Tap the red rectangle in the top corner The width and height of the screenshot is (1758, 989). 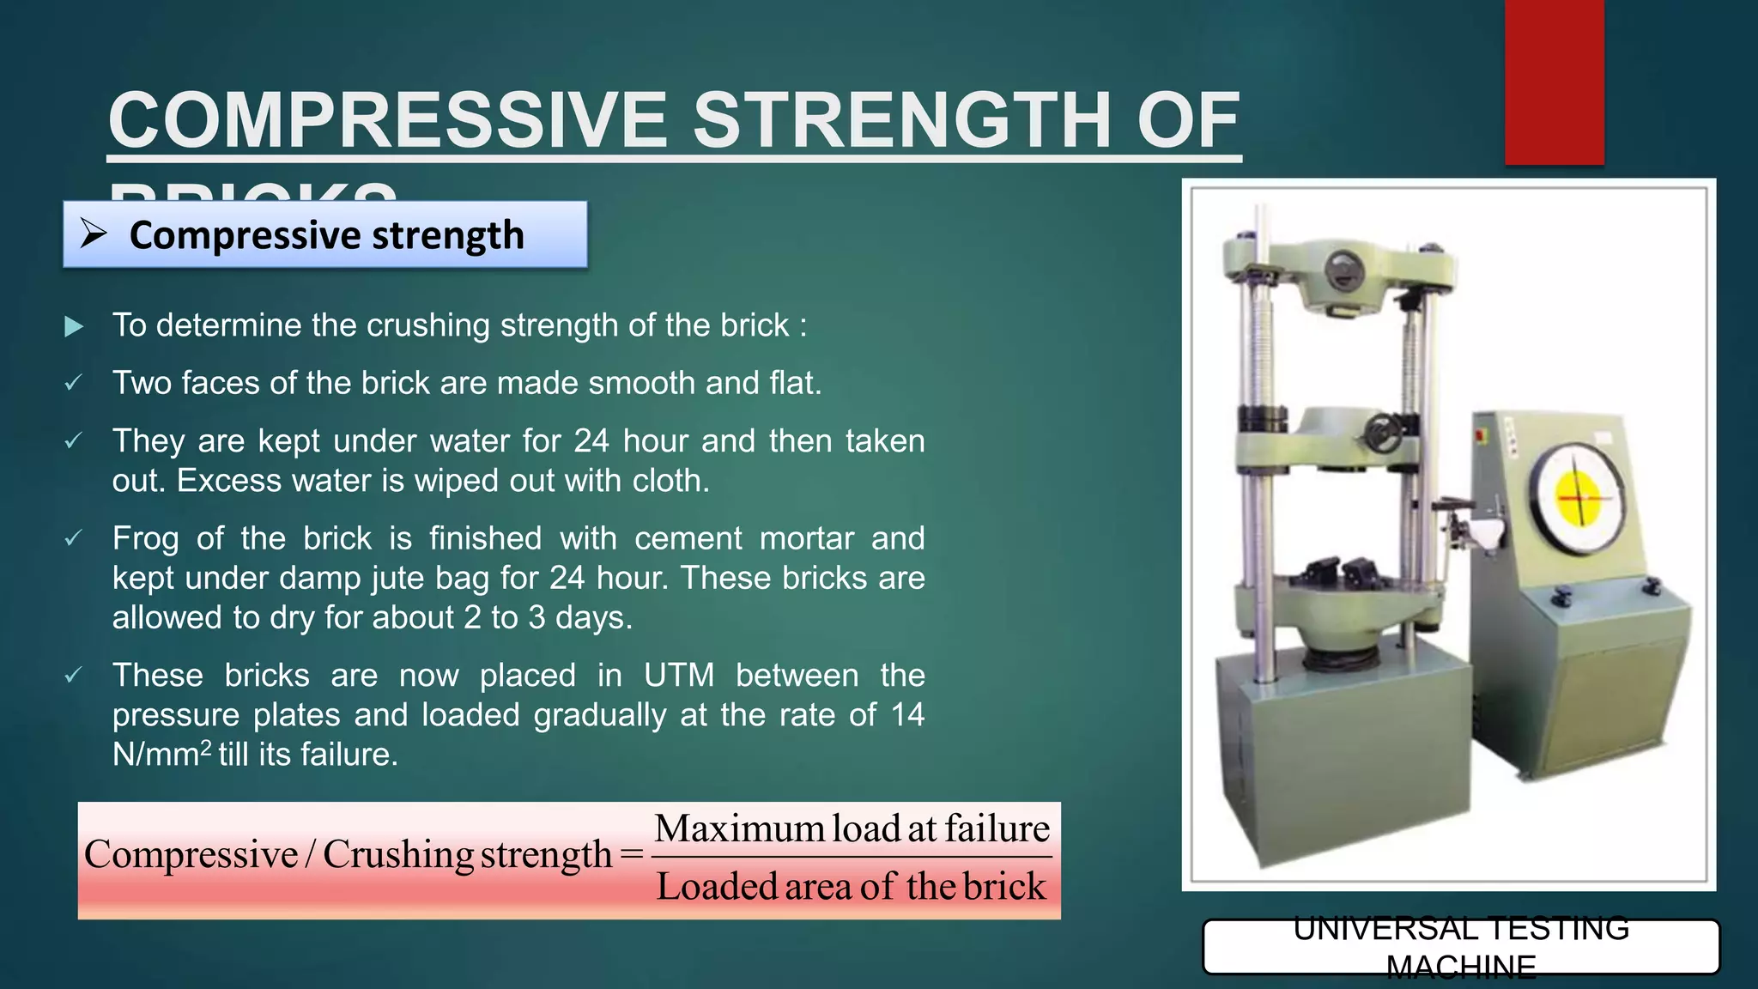(1554, 82)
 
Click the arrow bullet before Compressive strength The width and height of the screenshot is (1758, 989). (93, 234)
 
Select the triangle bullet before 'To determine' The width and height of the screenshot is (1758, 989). (74, 326)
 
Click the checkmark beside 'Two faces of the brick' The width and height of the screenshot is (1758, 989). (74, 384)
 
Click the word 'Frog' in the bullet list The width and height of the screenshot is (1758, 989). (145, 539)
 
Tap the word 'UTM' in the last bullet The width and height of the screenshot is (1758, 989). (678, 676)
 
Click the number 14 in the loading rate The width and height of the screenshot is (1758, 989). (906, 715)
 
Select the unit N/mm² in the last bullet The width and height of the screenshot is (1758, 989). (161, 755)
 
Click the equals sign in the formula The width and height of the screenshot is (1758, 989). (631, 855)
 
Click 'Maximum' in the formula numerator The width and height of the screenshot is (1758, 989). (739, 829)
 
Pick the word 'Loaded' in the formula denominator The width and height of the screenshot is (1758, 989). (717, 887)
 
